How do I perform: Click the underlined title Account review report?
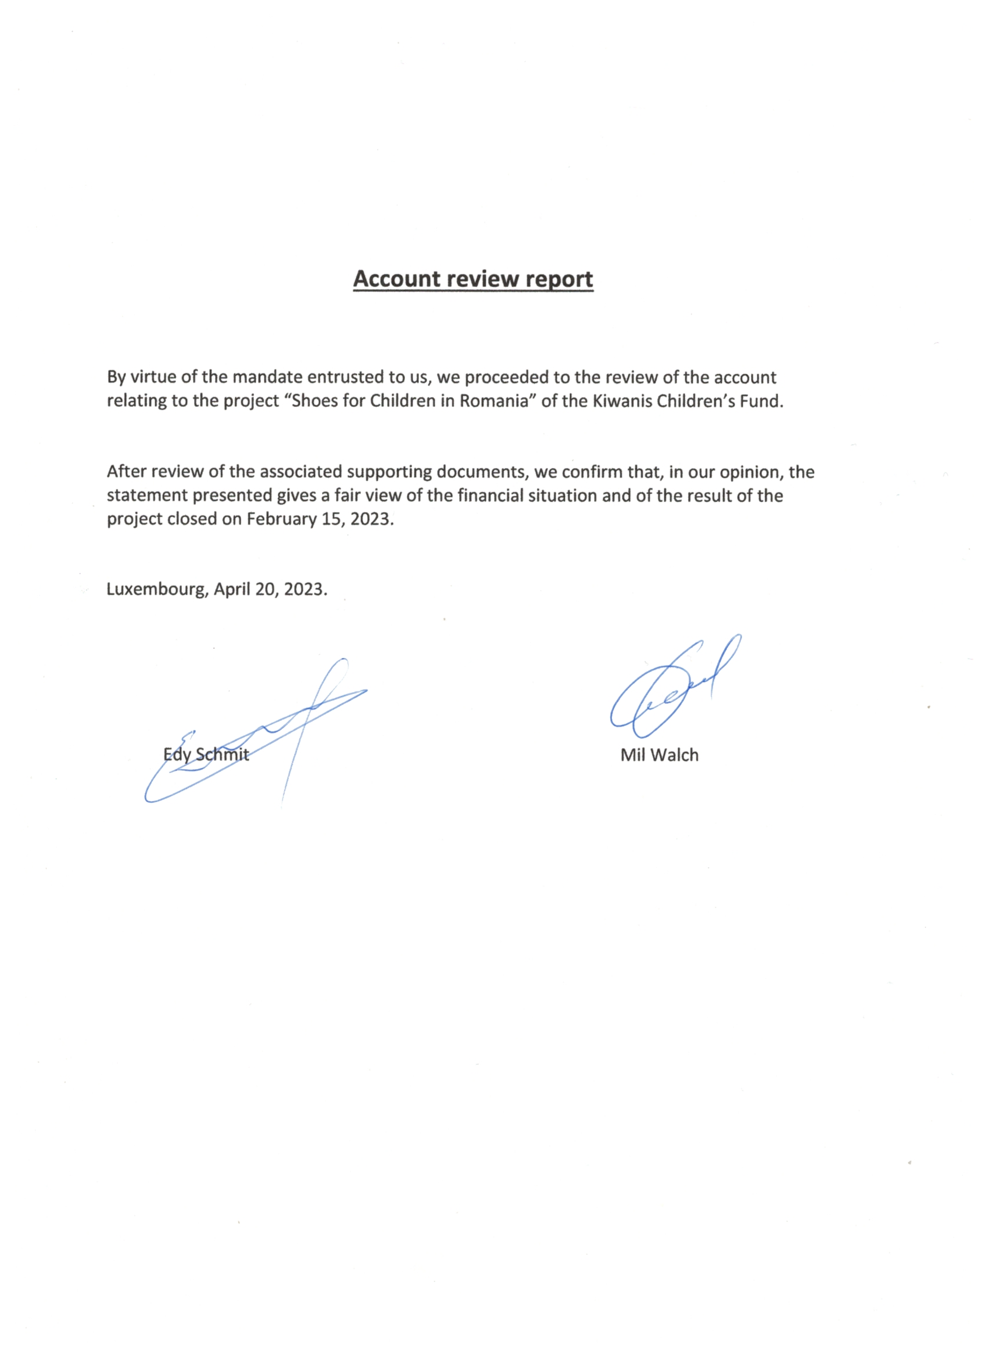[x=472, y=279]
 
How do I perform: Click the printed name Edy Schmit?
[x=206, y=754]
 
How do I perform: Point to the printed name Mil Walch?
[x=659, y=754]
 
